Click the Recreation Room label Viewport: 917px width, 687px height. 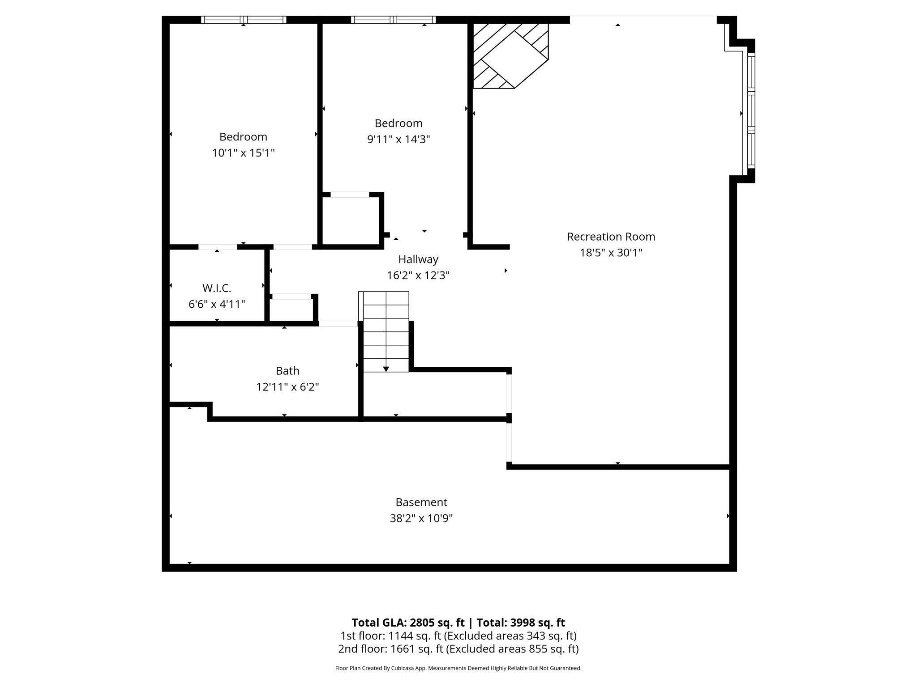pos(611,237)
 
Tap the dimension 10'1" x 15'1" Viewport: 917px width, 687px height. pos(243,153)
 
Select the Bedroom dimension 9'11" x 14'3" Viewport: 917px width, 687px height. pos(399,139)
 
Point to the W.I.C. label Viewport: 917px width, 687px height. pos(217,288)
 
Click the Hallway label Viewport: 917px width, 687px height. pos(418,259)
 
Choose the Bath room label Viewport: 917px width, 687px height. pos(287,371)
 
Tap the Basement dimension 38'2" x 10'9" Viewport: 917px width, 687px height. pos(421,518)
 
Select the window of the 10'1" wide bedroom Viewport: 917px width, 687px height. pos(243,20)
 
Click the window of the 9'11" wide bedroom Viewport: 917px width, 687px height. pos(393,20)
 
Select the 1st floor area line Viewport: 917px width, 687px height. pos(458,636)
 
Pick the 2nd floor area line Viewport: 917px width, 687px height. pos(458,649)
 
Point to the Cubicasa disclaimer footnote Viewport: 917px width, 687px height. pos(458,668)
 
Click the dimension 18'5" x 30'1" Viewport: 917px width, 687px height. pos(611,253)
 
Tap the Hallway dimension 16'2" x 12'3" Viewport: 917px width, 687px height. pos(418,276)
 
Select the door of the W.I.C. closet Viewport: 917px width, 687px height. pos(218,247)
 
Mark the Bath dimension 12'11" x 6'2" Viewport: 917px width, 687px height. pos(287,387)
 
